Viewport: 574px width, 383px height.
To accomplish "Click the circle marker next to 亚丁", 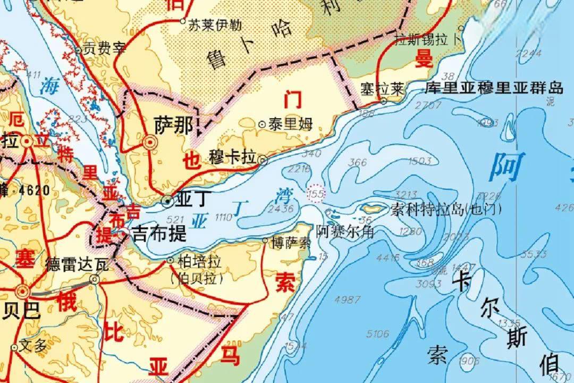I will point(167,201).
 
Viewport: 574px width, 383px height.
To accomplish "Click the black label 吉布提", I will point(159,233).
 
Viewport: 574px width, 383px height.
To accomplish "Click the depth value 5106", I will point(378,334).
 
